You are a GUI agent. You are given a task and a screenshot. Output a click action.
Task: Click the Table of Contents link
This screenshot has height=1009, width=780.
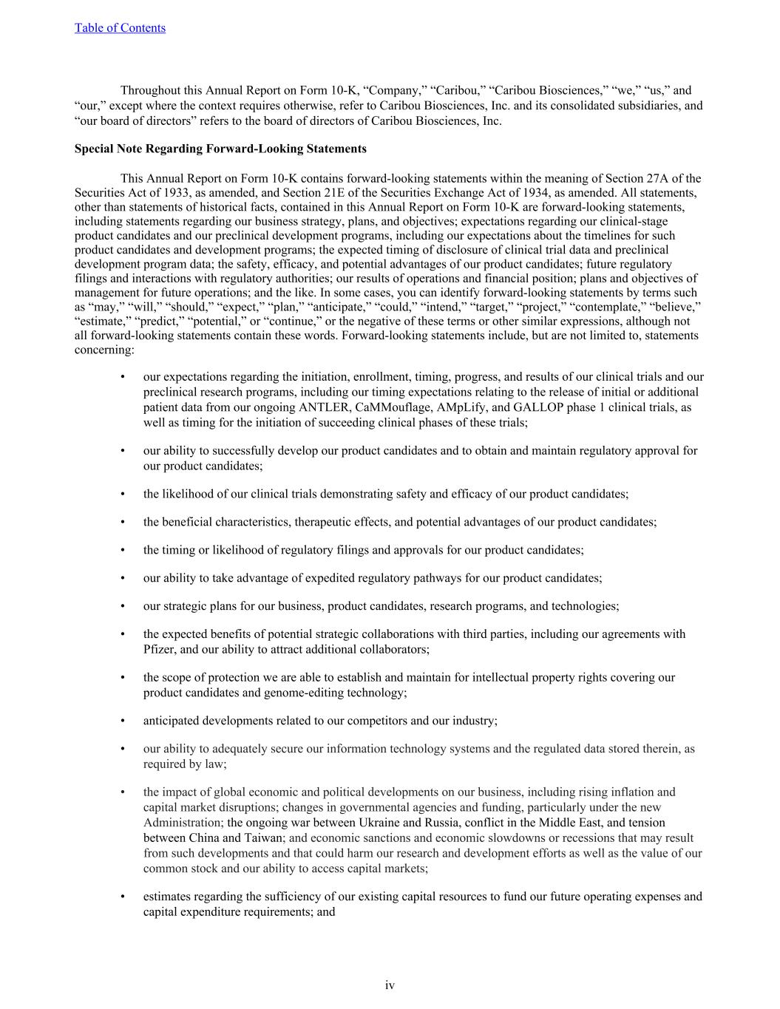(120, 28)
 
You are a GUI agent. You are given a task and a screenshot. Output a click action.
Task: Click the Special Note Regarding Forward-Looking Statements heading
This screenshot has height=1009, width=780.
(220, 149)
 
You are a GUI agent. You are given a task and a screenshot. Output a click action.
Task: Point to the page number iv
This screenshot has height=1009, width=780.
(390, 985)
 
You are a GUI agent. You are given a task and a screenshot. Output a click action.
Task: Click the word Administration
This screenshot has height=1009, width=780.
(183, 822)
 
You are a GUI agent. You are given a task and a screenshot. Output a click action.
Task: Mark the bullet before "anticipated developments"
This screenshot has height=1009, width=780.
(123, 721)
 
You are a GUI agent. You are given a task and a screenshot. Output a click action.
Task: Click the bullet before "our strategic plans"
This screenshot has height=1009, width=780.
(123, 606)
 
